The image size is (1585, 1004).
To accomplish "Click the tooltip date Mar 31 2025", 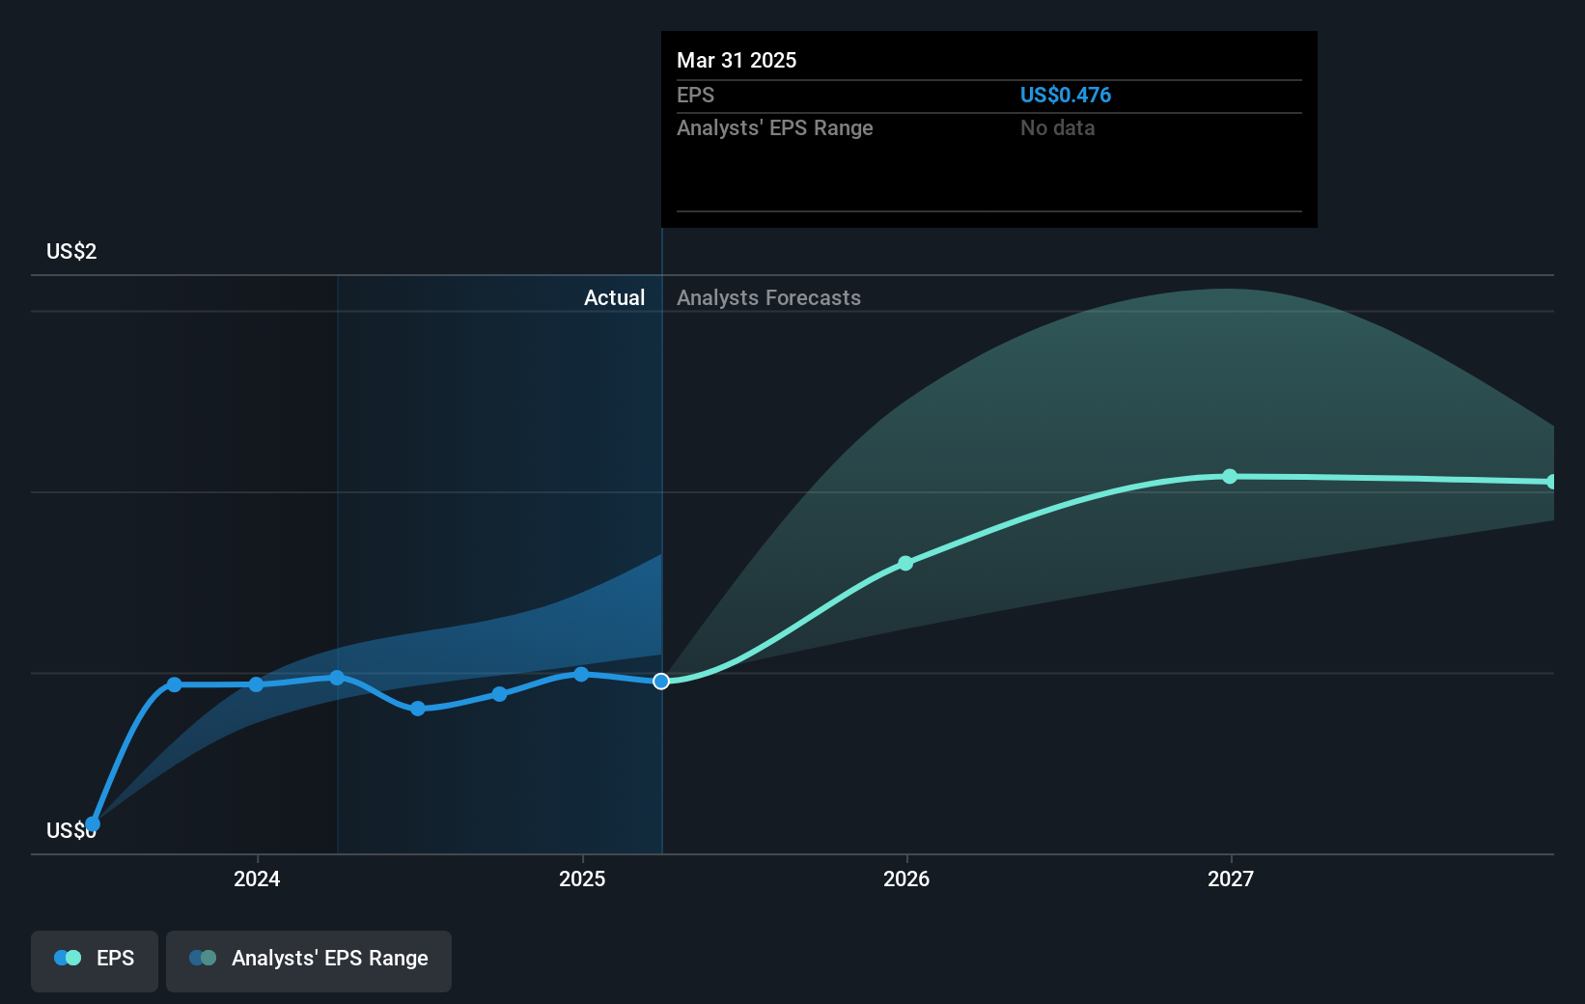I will pyautogui.click(x=737, y=60).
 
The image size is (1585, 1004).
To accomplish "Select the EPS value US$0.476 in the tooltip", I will pyautogui.click(x=1065, y=95).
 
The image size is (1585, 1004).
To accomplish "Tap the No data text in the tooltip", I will pyautogui.click(x=1057, y=127).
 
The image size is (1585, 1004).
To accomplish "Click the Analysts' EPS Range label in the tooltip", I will pyautogui.click(x=774, y=127).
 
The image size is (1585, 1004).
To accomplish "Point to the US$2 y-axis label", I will pyautogui.click(x=71, y=251).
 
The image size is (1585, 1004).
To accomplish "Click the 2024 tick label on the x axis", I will pyautogui.click(x=257, y=878).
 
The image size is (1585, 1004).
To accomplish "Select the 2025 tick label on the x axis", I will pyautogui.click(x=582, y=878).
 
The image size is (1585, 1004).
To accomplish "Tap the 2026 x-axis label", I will pyautogui.click(x=906, y=878).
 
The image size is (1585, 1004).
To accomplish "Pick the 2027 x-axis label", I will pyautogui.click(x=1231, y=878).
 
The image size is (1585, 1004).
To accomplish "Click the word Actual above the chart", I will pyautogui.click(x=614, y=297).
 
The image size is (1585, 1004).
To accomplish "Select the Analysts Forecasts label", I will pyautogui.click(x=768, y=297).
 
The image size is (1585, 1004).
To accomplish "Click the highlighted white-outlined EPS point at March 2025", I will pyautogui.click(x=661, y=682).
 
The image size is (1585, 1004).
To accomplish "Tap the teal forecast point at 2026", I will pyautogui.click(x=905, y=563).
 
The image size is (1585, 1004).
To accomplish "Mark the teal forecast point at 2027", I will pyautogui.click(x=1230, y=476).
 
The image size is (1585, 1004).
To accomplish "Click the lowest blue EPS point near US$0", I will pyautogui.click(x=93, y=823).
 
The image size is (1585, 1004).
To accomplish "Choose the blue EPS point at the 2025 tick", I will pyautogui.click(x=581, y=674).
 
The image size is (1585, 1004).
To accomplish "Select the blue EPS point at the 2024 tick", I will pyautogui.click(x=256, y=684).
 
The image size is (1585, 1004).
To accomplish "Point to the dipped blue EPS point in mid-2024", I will pyautogui.click(x=418, y=709).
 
